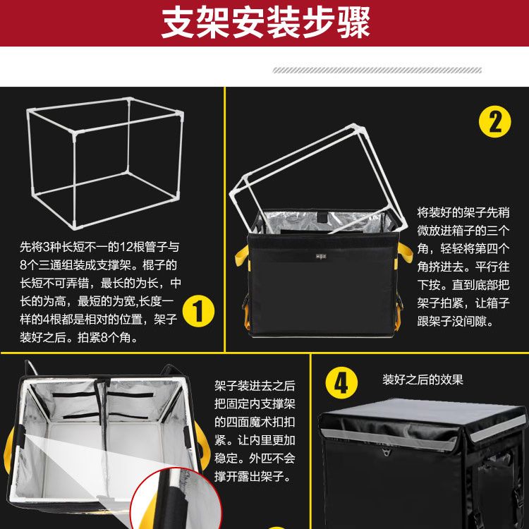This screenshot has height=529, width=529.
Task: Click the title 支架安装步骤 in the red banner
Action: click(266, 23)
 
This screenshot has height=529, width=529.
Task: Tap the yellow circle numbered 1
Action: click(198, 311)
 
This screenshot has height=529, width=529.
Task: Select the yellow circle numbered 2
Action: click(495, 122)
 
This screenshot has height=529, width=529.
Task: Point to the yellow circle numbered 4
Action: click(341, 383)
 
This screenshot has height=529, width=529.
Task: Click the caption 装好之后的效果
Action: click(422, 379)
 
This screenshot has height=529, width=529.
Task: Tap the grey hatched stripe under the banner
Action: click(377, 70)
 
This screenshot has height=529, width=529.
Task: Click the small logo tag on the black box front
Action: click(321, 257)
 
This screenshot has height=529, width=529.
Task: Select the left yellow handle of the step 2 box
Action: click(242, 257)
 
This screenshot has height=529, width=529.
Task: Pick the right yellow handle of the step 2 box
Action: click(405, 254)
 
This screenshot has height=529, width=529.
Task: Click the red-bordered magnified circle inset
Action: click(176, 499)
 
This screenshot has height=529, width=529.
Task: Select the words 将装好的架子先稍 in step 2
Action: click(463, 212)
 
